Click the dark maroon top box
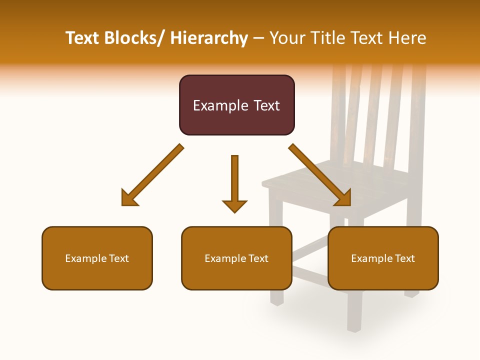click(236, 105)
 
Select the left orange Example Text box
click(97, 258)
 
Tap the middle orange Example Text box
click(236, 258)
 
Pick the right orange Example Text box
click(383, 258)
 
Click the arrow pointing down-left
click(152, 175)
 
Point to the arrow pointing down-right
click(320, 175)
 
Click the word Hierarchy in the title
click(209, 38)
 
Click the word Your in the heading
click(286, 38)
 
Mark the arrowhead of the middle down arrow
click(234, 205)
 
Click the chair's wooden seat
click(320, 180)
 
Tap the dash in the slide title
click(258, 38)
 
